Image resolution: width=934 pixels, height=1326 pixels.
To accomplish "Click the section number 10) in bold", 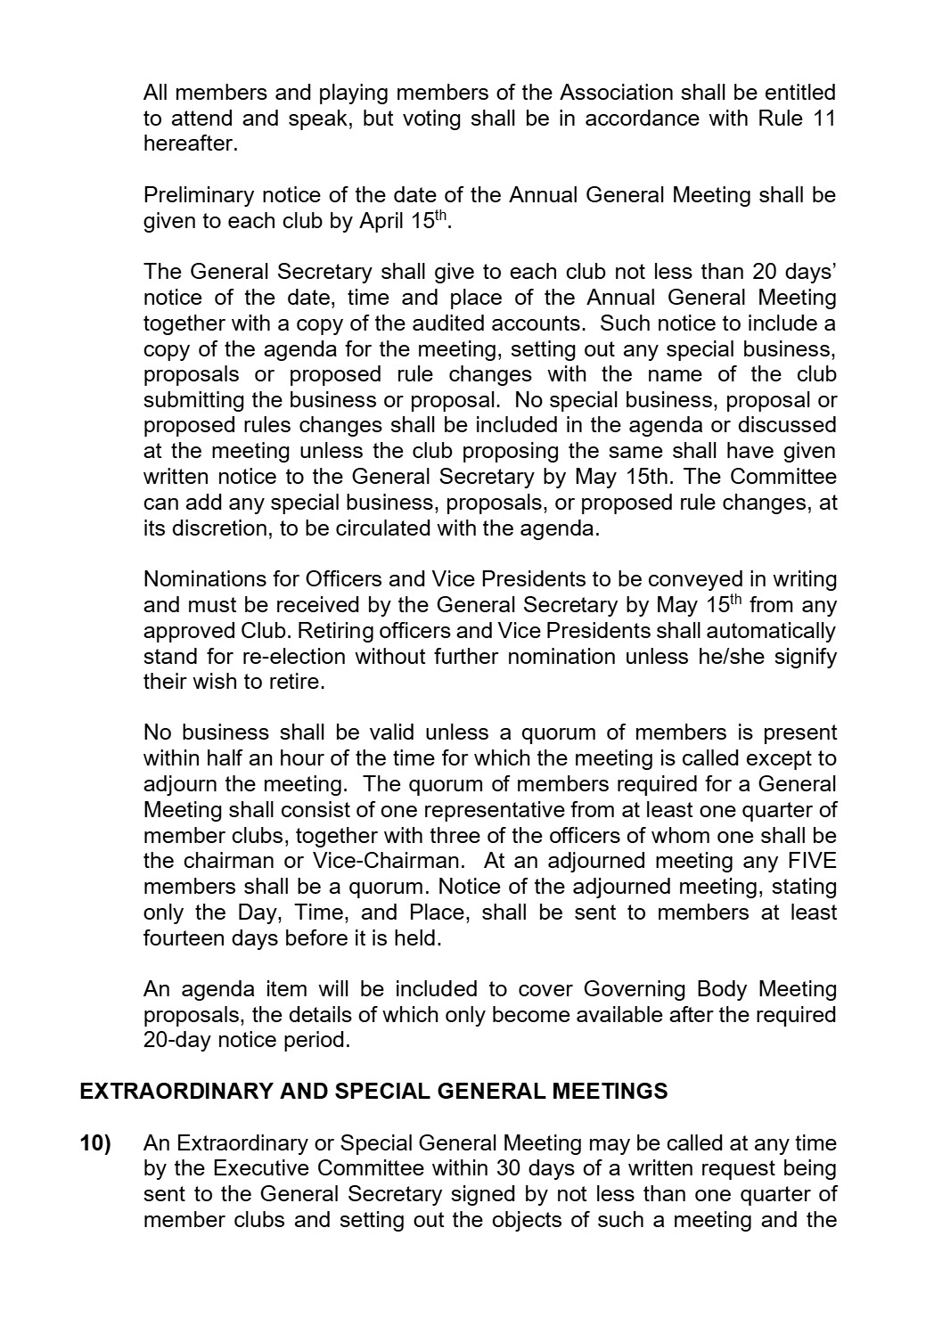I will tap(95, 1142).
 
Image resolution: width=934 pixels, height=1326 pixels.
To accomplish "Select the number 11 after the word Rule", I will tap(823, 118).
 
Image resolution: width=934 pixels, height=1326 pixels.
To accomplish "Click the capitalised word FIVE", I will tap(813, 862).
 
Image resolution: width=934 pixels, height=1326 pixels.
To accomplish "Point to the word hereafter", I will tap(190, 143).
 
